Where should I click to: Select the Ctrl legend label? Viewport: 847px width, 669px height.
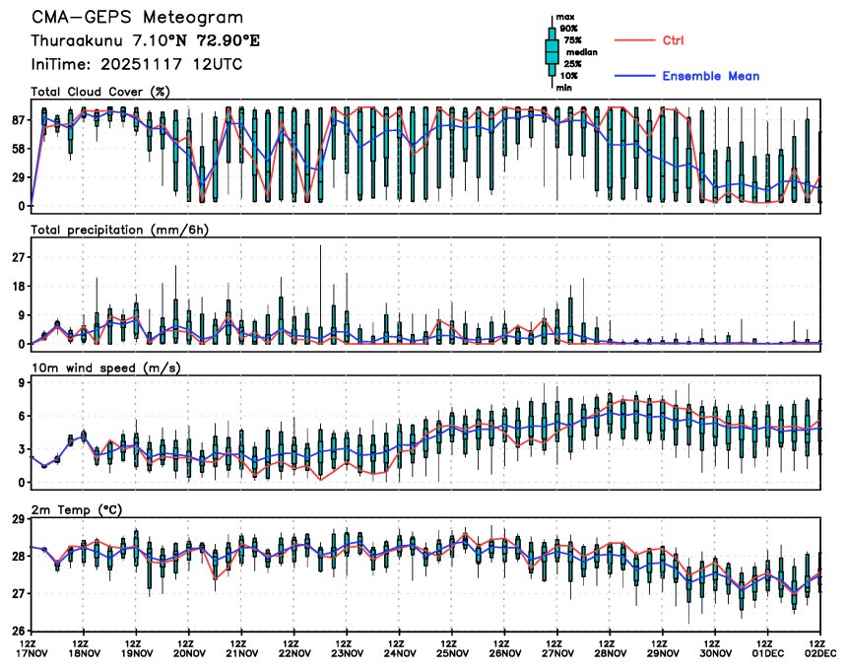coord(673,40)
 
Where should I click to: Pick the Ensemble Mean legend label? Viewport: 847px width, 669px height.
coord(710,76)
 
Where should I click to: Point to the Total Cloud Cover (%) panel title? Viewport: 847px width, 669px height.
coord(99,92)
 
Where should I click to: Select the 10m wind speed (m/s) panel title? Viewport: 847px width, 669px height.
coord(100,368)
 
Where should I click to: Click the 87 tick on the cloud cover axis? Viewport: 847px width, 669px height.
coord(18,120)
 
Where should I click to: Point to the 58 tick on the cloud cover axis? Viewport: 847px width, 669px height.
coord(18,149)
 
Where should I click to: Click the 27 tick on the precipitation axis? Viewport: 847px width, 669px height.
coord(18,257)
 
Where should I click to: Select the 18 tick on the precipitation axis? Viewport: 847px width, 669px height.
coord(18,286)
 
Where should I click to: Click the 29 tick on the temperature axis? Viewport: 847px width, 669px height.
coord(18,519)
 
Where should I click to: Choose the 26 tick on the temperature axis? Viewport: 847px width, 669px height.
coord(18,631)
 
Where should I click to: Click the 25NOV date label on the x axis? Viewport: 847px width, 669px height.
coord(452,652)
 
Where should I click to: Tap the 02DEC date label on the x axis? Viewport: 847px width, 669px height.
coord(821,652)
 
